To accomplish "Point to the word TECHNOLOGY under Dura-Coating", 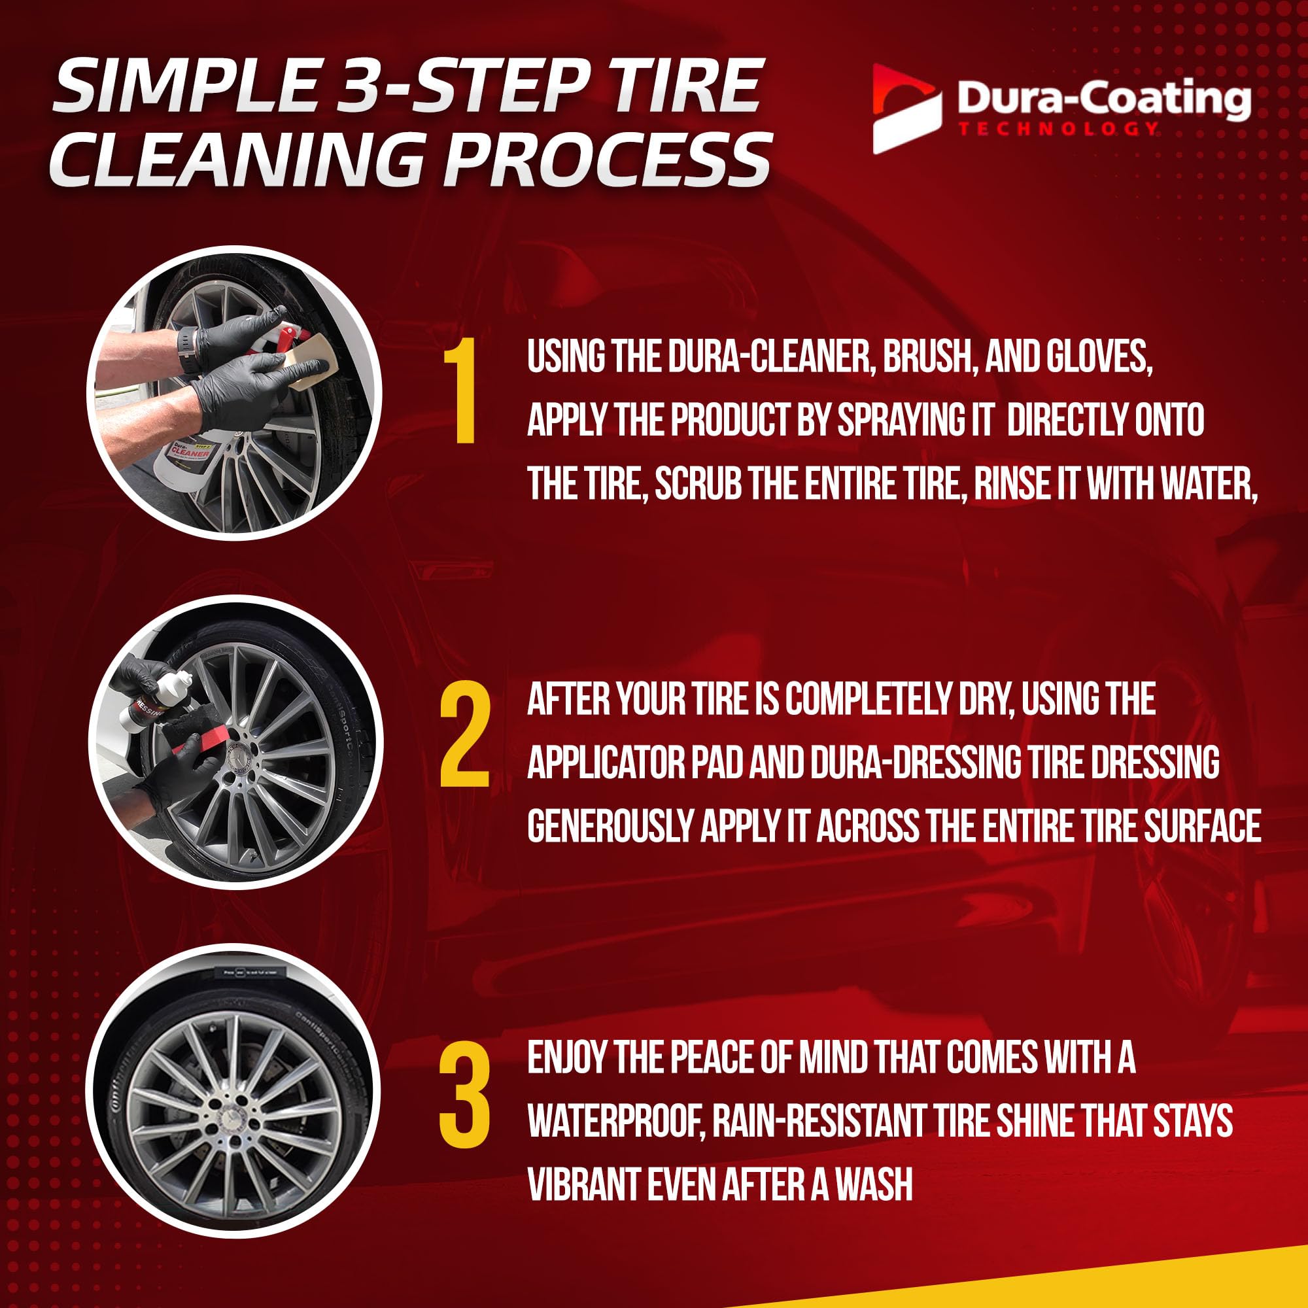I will [x=1057, y=128].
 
